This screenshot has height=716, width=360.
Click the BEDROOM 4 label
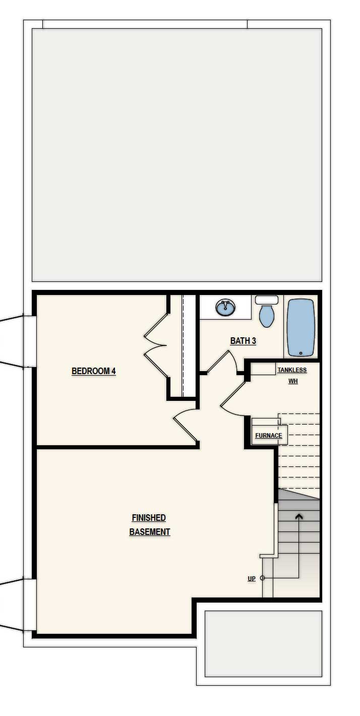point(94,371)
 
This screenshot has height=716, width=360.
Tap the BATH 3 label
point(243,341)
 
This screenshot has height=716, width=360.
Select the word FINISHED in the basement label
point(149,517)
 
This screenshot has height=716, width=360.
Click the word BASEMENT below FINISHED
point(150,532)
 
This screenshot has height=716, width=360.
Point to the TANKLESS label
point(292,370)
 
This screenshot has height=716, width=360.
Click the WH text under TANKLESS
point(293,381)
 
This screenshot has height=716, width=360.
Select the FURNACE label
point(269,435)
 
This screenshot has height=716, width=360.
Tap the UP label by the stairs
point(252,578)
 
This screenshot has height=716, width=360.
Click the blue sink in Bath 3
point(225,308)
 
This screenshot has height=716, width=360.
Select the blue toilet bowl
point(267,316)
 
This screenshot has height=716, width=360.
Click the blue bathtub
point(301,328)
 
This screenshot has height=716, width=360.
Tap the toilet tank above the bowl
point(267,300)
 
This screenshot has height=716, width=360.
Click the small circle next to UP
point(263,578)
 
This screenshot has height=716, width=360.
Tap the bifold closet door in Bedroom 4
point(156,345)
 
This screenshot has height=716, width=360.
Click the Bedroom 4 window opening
point(30,342)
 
